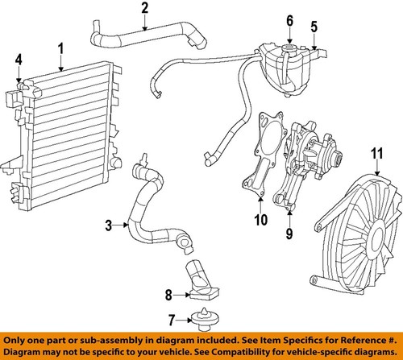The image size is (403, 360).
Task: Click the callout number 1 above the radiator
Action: [59, 50]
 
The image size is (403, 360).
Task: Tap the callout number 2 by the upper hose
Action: [144, 9]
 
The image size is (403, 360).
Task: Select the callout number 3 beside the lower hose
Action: [108, 227]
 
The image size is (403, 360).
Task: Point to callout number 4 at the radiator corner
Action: [19, 58]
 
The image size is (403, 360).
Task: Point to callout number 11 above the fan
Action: [375, 151]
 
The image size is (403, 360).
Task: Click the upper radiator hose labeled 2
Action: [145, 34]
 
